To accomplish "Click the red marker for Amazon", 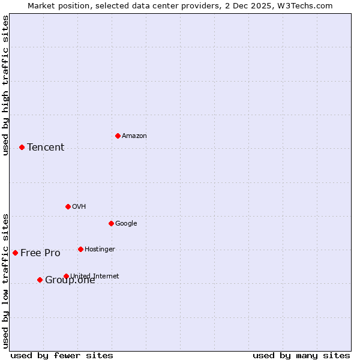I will coord(118,136).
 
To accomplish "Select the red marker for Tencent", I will coord(22,147).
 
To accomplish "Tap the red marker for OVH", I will coord(68,206).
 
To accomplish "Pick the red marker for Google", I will coord(111,223).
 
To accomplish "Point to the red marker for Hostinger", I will coord(80,249).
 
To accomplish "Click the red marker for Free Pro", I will coord(15,253).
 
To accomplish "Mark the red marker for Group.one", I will coord(40,280).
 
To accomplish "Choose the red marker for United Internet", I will coord(66,276).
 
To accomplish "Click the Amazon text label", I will coord(134,136).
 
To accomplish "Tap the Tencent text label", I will coord(46,148).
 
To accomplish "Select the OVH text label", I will coord(79,207).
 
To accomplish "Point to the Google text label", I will coord(126,224).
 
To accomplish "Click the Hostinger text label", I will coord(100,250).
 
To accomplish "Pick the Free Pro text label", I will coord(40,253).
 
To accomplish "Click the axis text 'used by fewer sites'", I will coord(62,355).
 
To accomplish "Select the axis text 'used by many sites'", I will coord(301,355).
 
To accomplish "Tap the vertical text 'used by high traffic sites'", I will coord(6,85).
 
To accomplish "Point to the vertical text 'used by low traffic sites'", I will coord(6,281).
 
